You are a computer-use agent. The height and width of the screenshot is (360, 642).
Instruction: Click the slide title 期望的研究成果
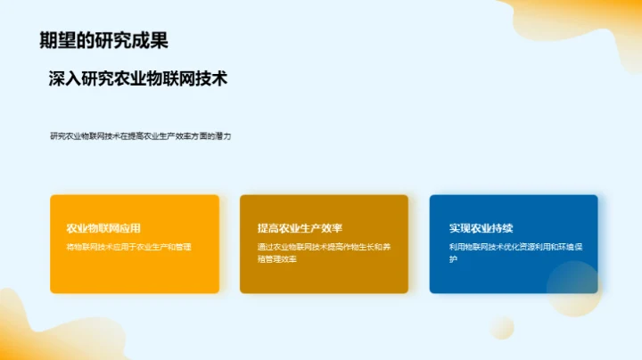pyautogui.click(x=104, y=40)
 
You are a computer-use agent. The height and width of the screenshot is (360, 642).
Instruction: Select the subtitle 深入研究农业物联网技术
pyautogui.click(x=138, y=79)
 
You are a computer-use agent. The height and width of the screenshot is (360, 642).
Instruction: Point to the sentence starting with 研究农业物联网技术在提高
pyautogui.click(x=141, y=136)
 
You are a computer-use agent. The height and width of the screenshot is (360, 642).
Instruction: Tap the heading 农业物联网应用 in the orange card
pyautogui.click(x=103, y=228)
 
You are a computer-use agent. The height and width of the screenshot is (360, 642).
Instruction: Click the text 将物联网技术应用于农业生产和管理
pyautogui.click(x=129, y=247)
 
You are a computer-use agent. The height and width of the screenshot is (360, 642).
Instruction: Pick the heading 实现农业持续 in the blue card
pyautogui.click(x=481, y=228)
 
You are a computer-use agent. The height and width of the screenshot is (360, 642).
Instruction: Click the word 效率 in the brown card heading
pyautogui.click(x=331, y=228)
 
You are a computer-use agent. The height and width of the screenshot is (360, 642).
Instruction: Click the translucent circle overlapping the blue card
pyautogui.click(x=572, y=288)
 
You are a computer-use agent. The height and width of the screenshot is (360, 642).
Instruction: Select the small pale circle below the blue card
pyautogui.click(x=502, y=327)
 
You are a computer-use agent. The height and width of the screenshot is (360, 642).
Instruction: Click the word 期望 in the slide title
pyautogui.click(x=56, y=40)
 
